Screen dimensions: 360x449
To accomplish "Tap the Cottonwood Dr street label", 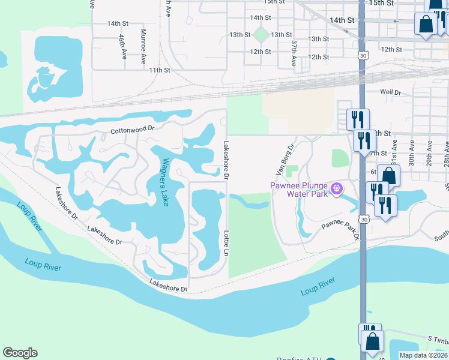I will [133, 128].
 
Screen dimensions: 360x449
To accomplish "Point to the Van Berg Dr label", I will [284, 160].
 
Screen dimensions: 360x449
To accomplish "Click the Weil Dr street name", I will [390, 92].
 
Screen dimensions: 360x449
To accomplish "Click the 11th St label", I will [160, 70].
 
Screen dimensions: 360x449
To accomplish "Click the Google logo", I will [20, 353].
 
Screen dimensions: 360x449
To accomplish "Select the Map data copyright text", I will [424, 355].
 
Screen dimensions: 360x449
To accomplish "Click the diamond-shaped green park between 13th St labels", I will [261, 34].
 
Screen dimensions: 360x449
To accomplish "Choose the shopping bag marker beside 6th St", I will [388, 175].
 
